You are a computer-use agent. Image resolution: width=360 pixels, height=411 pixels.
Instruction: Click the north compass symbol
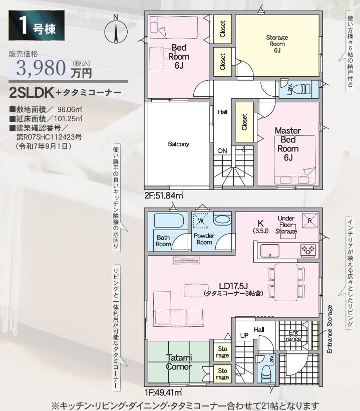tap(116, 30)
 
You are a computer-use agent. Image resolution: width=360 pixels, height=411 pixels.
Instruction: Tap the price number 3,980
tap(41, 68)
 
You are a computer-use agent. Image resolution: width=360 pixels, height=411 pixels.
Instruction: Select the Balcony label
tap(179, 144)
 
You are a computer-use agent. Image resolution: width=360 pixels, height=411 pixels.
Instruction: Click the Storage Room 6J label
tap(277, 44)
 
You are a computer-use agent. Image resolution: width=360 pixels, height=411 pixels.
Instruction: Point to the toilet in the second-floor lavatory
tap(303, 89)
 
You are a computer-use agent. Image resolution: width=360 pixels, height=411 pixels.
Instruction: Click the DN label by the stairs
tap(222, 151)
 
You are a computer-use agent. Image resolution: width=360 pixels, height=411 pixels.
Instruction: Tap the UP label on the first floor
tap(244, 335)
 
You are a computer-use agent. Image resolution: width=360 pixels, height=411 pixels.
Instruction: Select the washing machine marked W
tap(201, 221)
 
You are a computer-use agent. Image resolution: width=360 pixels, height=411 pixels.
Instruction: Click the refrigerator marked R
tap(310, 221)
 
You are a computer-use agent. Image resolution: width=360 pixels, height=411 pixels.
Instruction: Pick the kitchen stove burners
tap(308, 250)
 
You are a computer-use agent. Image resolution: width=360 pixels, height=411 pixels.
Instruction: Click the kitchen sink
tap(270, 251)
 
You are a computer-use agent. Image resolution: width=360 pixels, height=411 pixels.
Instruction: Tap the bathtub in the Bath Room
tap(169, 221)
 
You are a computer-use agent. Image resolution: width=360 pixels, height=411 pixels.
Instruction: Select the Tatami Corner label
tap(179, 362)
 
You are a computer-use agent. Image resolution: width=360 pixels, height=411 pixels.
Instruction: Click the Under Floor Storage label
tap(286, 225)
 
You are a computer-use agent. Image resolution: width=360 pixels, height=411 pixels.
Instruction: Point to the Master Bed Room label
tap(288, 144)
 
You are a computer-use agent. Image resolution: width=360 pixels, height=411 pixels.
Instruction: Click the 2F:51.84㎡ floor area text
tap(164, 195)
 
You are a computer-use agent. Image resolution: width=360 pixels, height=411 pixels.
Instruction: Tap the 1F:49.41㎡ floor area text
tap(164, 392)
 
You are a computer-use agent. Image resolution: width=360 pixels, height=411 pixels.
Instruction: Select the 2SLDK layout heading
tap(32, 93)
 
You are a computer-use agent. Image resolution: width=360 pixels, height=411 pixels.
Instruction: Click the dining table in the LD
tap(286, 282)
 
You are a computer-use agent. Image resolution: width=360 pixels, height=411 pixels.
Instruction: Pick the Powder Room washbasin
tap(222, 219)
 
